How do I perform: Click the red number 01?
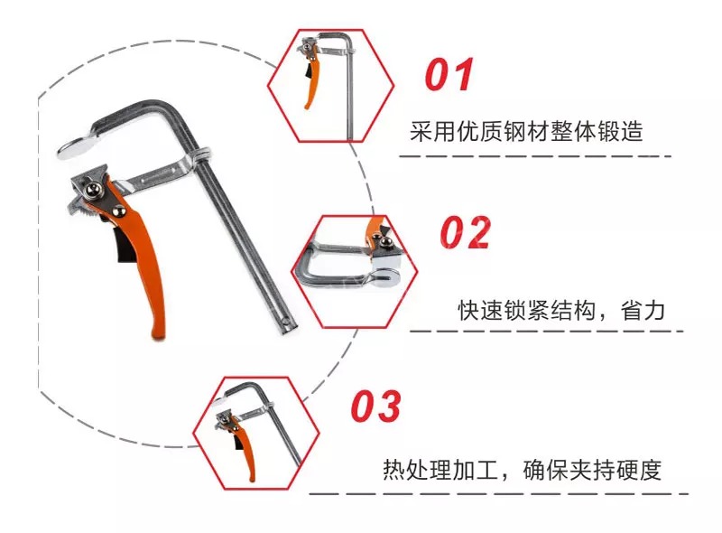[449, 74]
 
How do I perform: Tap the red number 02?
[465, 232]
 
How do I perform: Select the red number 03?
[375, 406]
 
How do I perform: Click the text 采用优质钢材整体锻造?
[526, 131]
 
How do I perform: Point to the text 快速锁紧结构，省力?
[561, 310]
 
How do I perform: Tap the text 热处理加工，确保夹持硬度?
[523, 471]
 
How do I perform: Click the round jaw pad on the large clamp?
[76, 146]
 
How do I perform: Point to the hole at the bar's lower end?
[286, 321]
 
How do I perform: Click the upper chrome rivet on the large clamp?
[94, 189]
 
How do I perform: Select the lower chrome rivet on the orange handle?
[120, 210]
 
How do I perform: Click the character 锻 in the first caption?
[608, 131]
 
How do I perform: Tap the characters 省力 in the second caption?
[643, 310]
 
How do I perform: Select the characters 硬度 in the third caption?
[639, 471]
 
